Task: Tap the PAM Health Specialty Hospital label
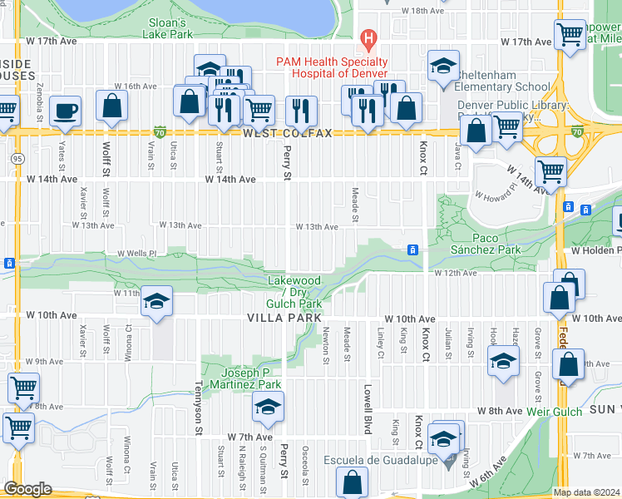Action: tap(332, 68)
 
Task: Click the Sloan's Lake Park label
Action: tap(170, 28)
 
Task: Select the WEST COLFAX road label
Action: tap(287, 133)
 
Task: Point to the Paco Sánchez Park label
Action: tap(486, 243)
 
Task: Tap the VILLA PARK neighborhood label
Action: tap(283, 319)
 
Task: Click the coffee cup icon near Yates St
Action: tap(65, 111)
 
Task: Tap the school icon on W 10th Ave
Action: tap(155, 304)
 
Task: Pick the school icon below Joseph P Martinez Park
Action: tap(268, 407)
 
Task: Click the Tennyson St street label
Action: tap(199, 408)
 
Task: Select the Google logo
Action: tap(27, 489)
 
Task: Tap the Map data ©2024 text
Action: tap(586, 492)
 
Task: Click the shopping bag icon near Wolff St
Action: tap(111, 106)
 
